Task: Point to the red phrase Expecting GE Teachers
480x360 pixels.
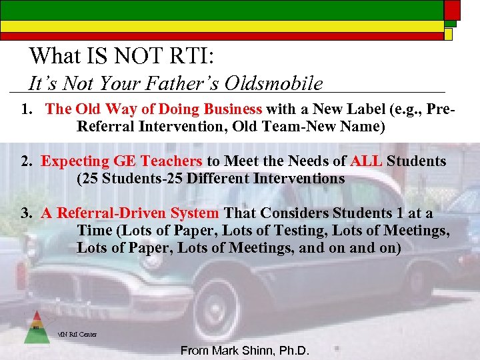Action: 121,161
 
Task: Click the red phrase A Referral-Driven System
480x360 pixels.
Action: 129,213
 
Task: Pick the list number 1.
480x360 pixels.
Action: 27,109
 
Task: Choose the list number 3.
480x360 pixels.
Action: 27,213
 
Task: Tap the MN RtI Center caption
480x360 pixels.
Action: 77,334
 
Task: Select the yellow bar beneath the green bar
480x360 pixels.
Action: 220,26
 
